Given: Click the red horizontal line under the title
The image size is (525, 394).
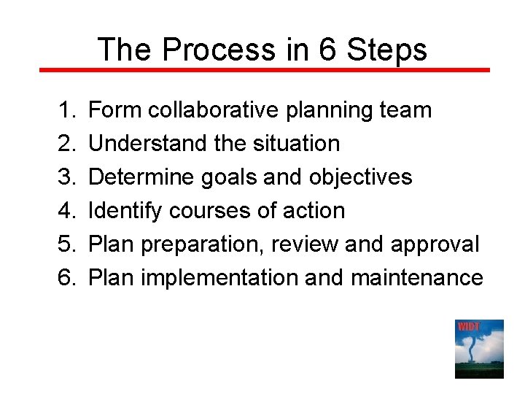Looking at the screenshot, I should coord(262,70).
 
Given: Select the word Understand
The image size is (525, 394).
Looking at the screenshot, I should coord(148,144).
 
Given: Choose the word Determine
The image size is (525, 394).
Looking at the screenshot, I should coord(140,177).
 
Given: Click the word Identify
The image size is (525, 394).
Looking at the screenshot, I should coord(125,211).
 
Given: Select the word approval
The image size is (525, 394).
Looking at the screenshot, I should coord(435,244).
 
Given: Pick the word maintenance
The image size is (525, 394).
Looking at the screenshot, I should coord(416,278).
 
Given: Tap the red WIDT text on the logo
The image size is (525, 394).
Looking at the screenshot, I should coord(468,326).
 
